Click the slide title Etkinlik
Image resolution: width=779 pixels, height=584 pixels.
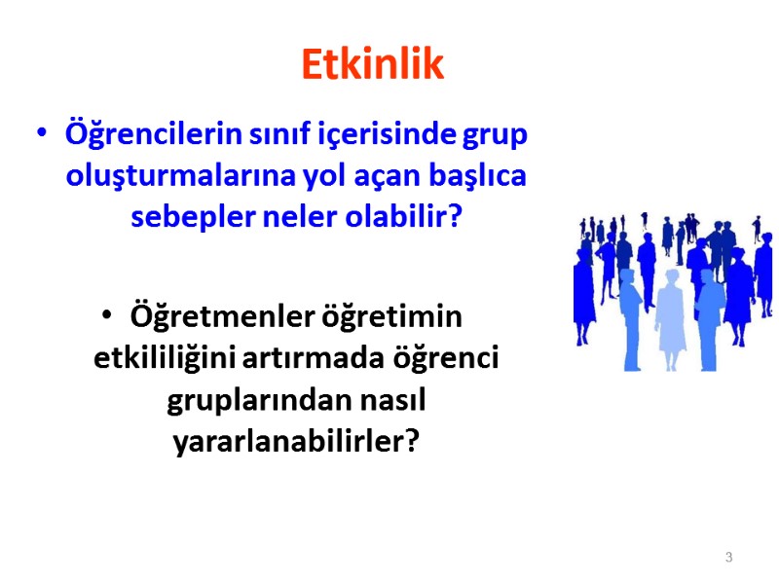[372, 64]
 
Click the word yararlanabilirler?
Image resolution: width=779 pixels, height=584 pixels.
[296, 442]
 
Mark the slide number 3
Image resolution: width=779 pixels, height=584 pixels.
[728, 558]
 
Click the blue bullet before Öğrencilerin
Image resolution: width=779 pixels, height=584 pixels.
[40, 133]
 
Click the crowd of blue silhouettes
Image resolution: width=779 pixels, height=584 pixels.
[673, 292]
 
